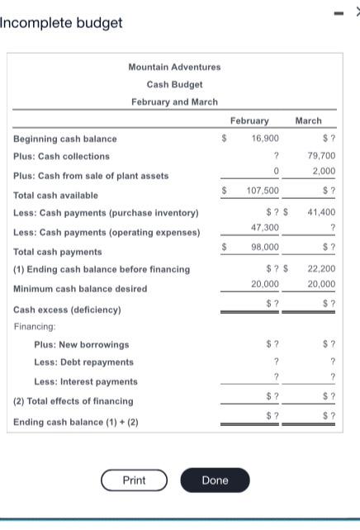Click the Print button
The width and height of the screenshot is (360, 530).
click(x=134, y=480)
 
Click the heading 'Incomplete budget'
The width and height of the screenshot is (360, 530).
click(x=61, y=22)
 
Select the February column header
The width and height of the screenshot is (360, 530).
click(x=249, y=121)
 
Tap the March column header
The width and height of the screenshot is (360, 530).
click(x=308, y=121)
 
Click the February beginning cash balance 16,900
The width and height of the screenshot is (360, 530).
click(x=265, y=139)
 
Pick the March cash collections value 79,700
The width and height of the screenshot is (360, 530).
click(x=321, y=155)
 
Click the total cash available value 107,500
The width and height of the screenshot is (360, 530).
click(x=263, y=191)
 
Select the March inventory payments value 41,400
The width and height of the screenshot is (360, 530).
click(x=321, y=212)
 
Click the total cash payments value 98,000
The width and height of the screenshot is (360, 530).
click(x=265, y=247)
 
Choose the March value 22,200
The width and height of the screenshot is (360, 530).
click(x=321, y=268)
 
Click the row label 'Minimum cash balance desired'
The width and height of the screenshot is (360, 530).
click(x=80, y=289)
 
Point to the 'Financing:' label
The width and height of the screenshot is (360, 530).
click(x=36, y=326)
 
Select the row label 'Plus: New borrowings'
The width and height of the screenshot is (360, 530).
click(x=81, y=344)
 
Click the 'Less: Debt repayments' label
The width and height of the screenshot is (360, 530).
click(x=83, y=362)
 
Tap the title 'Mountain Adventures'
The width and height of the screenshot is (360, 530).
click(x=174, y=67)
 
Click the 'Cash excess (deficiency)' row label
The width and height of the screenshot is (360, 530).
click(x=67, y=310)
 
